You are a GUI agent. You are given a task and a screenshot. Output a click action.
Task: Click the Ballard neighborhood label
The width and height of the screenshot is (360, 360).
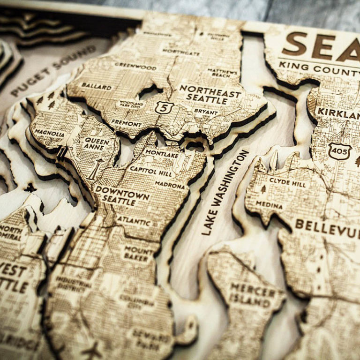(97, 87)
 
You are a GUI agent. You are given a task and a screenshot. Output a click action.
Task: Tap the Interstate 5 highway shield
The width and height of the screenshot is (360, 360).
(164, 108)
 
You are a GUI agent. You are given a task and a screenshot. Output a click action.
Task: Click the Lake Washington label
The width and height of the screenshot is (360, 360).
(225, 192)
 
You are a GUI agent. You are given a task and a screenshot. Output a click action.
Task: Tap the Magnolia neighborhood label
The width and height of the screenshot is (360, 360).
(50, 133)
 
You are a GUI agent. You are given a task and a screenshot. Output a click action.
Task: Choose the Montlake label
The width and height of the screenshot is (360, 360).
(161, 153)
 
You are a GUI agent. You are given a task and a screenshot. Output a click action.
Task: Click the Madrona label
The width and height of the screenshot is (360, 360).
(170, 186)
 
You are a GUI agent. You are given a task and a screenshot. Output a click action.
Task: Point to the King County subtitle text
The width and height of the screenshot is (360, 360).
(319, 68)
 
